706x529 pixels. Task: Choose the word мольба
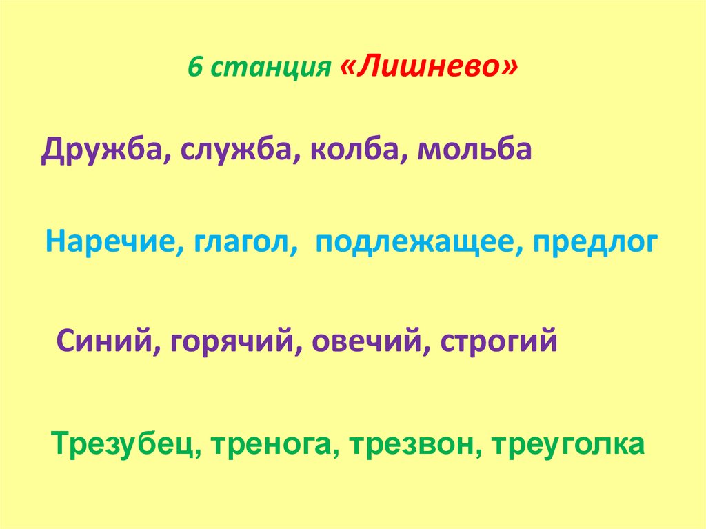click(474, 150)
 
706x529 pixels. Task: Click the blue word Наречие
click(110, 243)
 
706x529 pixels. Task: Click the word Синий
click(105, 341)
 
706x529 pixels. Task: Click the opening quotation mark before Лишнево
click(349, 67)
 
